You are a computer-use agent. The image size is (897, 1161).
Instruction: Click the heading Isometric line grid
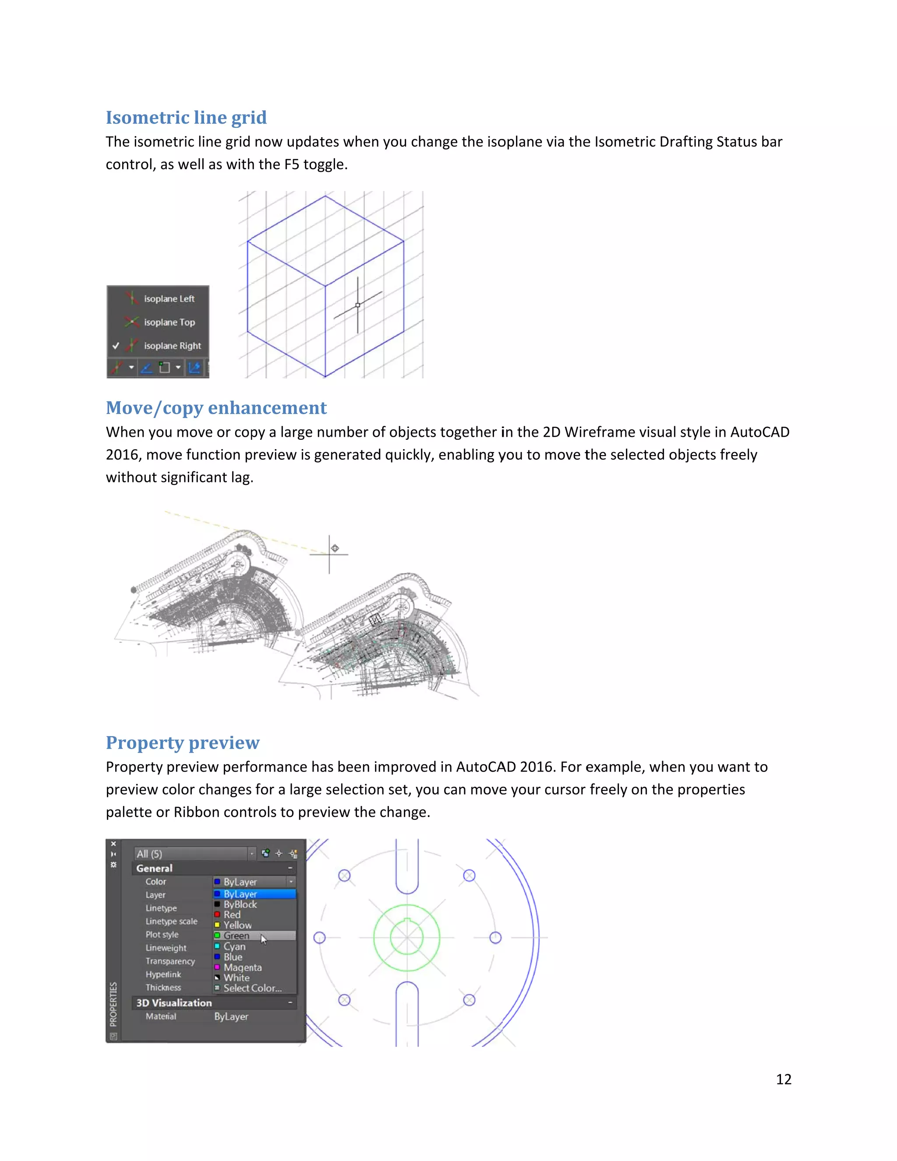(x=186, y=117)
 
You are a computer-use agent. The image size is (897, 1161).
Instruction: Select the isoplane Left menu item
(x=169, y=299)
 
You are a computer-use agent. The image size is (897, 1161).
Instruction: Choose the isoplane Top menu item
(x=169, y=322)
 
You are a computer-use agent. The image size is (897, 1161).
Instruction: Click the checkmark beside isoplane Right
(x=115, y=346)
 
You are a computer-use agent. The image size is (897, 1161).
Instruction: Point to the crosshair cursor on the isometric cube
(x=358, y=305)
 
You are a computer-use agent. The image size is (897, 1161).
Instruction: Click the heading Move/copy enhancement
(x=216, y=408)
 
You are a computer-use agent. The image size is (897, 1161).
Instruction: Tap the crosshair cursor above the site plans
(x=329, y=554)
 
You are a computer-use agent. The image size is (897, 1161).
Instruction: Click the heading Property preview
(x=182, y=743)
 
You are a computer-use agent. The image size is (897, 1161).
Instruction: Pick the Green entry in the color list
(x=237, y=936)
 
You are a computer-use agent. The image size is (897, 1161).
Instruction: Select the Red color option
(x=232, y=914)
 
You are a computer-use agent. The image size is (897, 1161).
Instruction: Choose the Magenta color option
(x=242, y=967)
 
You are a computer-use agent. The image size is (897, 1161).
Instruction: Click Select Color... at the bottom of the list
(x=252, y=988)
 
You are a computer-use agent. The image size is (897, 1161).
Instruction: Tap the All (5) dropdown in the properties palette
(x=194, y=854)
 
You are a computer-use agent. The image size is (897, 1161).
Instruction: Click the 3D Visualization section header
(x=174, y=1002)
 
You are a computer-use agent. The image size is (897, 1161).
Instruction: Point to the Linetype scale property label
(x=171, y=921)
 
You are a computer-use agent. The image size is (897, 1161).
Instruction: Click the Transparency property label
(x=170, y=961)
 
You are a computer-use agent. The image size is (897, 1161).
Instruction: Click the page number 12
(x=783, y=1079)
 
